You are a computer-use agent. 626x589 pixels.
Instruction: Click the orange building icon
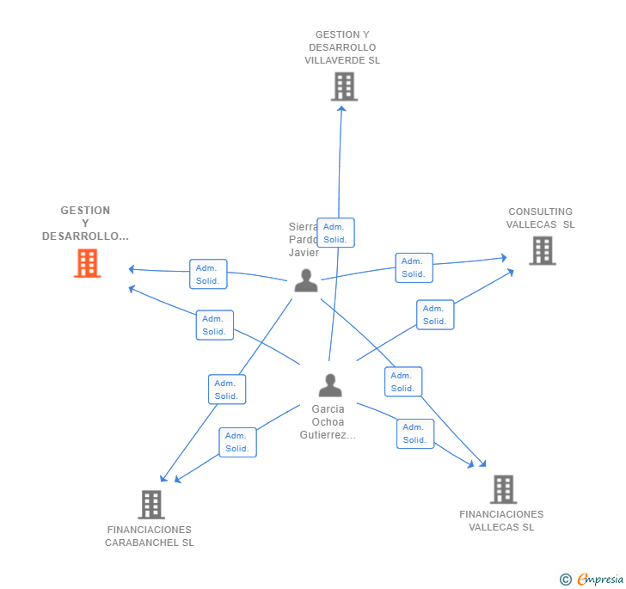(x=87, y=263)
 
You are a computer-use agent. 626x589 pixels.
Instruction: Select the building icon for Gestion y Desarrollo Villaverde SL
(x=344, y=87)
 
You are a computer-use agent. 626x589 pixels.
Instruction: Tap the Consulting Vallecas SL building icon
(x=542, y=250)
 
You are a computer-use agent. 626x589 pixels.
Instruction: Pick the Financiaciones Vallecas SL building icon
(x=503, y=489)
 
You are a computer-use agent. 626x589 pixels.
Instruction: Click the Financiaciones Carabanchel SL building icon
(x=151, y=505)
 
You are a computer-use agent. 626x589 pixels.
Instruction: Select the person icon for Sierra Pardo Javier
(x=306, y=280)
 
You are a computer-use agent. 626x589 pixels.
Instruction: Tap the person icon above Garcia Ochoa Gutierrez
(x=330, y=385)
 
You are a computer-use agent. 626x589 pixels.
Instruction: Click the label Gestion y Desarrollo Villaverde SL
(x=342, y=48)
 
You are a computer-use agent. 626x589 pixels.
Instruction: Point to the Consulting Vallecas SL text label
(x=540, y=218)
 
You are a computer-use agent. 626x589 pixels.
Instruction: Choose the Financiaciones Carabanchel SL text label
(x=150, y=537)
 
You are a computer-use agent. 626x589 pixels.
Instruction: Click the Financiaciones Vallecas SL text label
(x=501, y=521)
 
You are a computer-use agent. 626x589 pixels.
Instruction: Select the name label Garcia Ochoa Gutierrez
(x=328, y=422)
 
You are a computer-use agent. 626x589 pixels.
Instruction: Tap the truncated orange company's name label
(x=85, y=224)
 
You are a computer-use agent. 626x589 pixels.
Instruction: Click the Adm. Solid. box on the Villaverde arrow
(x=335, y=233)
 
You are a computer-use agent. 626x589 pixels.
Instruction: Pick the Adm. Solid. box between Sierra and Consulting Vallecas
(x=414, y=267)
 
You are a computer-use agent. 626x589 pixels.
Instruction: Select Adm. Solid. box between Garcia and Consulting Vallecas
(x=435, y=315)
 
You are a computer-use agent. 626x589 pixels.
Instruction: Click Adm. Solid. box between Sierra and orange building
(x=208, y=274)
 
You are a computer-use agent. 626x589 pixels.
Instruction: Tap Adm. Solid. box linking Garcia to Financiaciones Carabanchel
(x=237, y=442)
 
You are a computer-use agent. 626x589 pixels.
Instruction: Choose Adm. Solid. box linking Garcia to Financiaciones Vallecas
(x=415, y=433)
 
